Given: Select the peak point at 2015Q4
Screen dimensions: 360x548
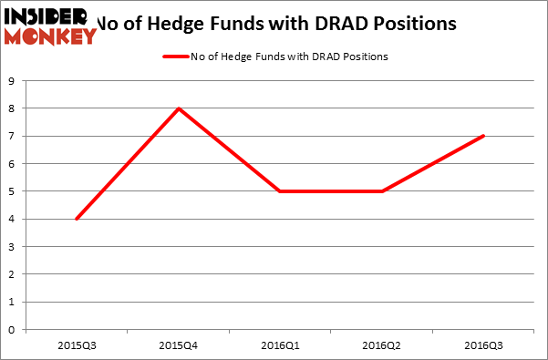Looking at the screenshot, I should pyautogui.click(x=179, y=108).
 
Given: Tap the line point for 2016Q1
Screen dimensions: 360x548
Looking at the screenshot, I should pyautogui.click(x=281, y=191).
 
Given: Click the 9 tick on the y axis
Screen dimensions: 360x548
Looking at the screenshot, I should pyautogui.click(x=14, y=81).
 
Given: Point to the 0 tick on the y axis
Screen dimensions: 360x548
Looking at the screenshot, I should pyautogui.click(x=14, y=330).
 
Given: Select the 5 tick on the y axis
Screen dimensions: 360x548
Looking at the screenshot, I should pyautogui.click(x=14, y=191).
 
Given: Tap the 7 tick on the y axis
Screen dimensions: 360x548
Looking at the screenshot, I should pyautogui.click(x=14, y=136).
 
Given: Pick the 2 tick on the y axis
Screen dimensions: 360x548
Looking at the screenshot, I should pyautogui.click(x=14, y=274).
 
